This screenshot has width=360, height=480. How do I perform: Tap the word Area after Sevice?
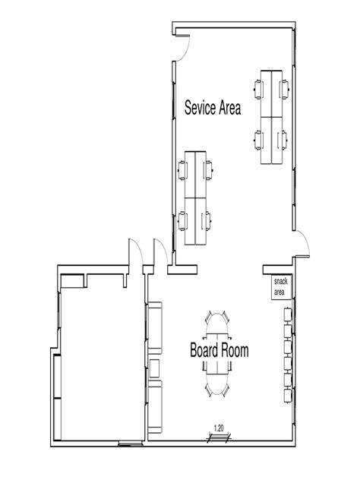pos(230,109)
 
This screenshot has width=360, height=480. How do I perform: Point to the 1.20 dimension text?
pos(218,428)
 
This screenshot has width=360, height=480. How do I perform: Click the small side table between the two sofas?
pos(154,368)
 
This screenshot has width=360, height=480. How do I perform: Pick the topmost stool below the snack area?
pos(288,314)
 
